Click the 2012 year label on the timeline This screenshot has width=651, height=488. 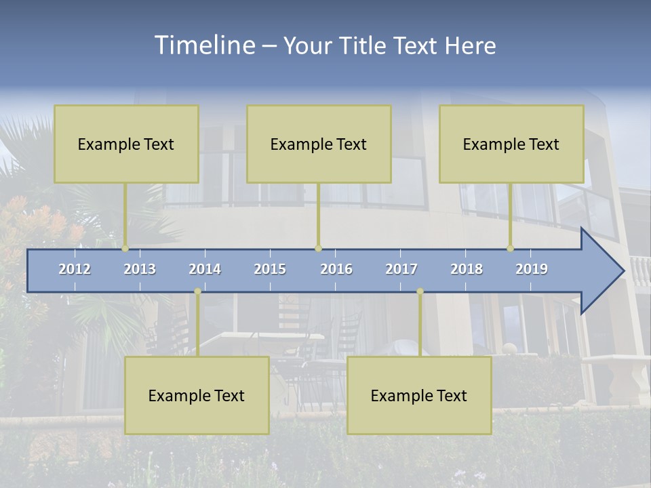click(75, 269)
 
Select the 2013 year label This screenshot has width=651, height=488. click(140, 269)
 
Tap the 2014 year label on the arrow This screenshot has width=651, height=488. click(205, 269)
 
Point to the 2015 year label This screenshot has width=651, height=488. click(270, 269)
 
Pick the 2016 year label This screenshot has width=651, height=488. click(336, 269)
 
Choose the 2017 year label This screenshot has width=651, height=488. click(401, 269)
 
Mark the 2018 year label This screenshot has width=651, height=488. click(467, 269)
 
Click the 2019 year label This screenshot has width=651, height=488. click(532, 269)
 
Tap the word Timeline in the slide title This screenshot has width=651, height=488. click(203, 45)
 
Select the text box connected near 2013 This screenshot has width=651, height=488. click(126, 144)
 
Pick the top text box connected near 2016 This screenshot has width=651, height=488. click(319, 144)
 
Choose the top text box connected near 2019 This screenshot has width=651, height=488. click(511, 144)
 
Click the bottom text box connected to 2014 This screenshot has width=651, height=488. click(197, 395)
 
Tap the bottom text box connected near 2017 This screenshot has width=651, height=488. click(419, 395)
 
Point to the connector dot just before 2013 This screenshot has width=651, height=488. click(125, 249)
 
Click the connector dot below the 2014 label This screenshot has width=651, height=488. click(197, 291)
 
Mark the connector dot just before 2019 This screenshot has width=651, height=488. click(511, 249)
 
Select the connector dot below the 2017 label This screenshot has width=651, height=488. click(420, 291)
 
